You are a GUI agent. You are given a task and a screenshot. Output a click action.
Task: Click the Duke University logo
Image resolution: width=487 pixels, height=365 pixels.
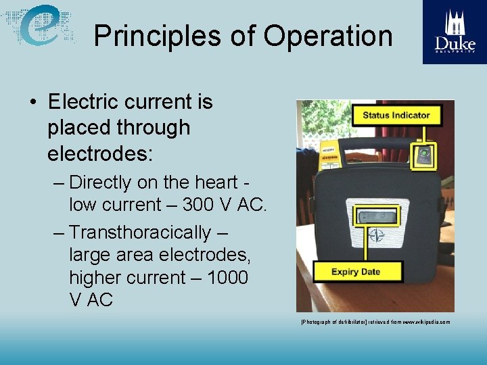pyautogui.click(x=454, y=32)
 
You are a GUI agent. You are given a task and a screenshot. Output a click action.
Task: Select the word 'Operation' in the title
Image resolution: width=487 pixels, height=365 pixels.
pyautogui.click(x=328, y=36)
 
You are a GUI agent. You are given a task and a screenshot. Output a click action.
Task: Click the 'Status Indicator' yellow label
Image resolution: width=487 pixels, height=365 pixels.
pyautogui.click(x=396, y=115)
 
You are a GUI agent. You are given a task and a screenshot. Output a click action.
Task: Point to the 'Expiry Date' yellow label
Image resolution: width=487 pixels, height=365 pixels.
pyautogui.click(x=355, y=272)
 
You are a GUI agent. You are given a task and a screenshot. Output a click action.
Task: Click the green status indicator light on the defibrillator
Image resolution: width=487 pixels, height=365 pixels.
pyautogui.click(x=424, y=153)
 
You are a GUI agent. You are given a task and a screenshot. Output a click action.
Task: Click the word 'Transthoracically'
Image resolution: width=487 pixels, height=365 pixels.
pyautogui.click(x=140, y=233)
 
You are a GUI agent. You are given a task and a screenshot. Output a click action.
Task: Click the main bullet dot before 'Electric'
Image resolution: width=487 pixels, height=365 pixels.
pyautogui.click(x=32, y=103)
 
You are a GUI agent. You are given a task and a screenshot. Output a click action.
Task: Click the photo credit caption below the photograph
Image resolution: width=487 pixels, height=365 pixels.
pyautogui.click(x=375, y=322)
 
